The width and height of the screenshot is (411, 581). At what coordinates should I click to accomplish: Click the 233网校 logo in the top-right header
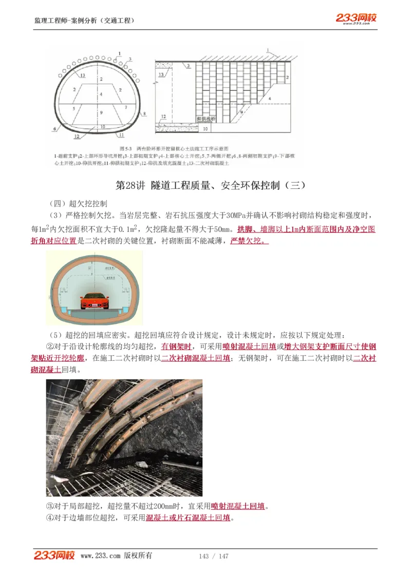[x=356, y=18]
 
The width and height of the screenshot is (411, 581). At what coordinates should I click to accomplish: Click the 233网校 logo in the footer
[x=54, y=555]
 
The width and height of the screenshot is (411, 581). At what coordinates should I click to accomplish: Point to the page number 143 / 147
[x=214, y=556]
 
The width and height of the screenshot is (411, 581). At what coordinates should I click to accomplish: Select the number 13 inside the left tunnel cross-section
[x=82, y=75]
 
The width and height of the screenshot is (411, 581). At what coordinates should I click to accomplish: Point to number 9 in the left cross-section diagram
[x=102, y=112]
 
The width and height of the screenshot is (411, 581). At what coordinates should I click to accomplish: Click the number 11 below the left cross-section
[x=121, y=135]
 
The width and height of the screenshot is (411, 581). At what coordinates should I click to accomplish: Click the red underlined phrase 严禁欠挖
[x=249, y=241]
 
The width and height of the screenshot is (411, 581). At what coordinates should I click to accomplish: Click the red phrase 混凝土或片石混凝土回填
[x=188, y=517]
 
